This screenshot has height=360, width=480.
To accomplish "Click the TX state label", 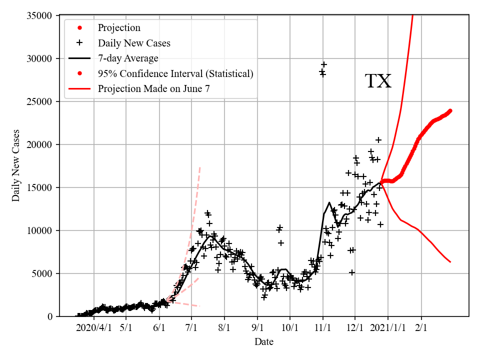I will point(378,81).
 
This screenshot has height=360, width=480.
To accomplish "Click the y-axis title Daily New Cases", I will point(16,165).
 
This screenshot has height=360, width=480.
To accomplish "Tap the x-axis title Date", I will point(263,342).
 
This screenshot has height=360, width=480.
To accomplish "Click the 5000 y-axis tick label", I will point(44,273).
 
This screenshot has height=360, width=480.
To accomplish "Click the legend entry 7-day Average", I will point(128,58).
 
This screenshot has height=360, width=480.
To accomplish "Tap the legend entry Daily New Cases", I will point(134,43).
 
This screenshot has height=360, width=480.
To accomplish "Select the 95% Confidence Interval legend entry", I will point(175,74).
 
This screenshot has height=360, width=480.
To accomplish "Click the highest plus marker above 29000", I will point(324,64).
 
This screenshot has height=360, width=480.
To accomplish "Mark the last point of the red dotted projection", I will point(450,110).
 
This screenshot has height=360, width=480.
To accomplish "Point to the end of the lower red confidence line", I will point(450,262).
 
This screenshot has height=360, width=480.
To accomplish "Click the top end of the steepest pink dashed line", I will point(200,166).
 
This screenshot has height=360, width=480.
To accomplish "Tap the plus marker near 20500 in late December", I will point(378,140).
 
